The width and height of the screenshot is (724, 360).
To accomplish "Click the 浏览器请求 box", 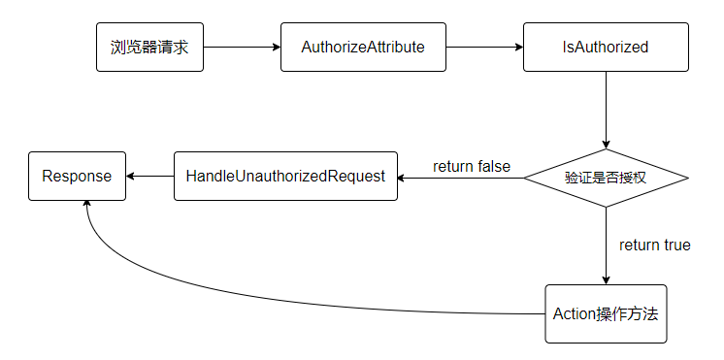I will pos(149,47).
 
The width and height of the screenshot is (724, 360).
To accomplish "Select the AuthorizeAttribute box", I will pos(363,47).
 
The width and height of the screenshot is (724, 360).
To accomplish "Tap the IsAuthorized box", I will pos(606,47).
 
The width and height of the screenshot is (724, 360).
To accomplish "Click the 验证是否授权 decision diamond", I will pos(606,178).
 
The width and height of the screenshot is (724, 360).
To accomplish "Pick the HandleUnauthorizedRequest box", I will pos(285,177).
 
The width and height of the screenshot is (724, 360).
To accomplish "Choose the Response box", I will pos(77,177).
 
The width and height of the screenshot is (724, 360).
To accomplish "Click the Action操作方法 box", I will pos(606,313).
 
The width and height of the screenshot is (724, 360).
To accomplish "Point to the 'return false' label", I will pos(471,166).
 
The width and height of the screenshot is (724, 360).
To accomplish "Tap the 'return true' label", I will pos(654,245).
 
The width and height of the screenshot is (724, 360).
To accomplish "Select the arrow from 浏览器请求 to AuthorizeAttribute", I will pos(242,47).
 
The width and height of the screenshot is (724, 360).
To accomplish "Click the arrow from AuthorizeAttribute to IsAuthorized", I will pos(484,47).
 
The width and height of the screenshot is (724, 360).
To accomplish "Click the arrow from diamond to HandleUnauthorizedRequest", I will pos(461,178).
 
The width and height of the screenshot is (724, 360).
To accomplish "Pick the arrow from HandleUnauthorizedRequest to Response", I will pos(149,177).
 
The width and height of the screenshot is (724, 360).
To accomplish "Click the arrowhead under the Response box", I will pos(87,206).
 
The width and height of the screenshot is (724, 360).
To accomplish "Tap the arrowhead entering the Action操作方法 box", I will pos(606,278).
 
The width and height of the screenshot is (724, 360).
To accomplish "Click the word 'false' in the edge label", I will pos(492,166).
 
